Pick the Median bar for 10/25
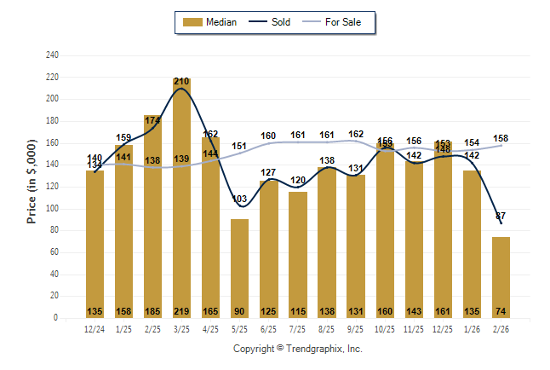coord(385,230)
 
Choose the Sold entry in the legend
coord(272,22)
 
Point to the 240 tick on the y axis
coord(52,55)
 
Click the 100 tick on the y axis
coord(52,209)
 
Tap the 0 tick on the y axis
coord(56,318)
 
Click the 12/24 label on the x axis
coord(95,328)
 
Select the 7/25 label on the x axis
coord(297,328)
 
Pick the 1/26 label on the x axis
coord(472,328)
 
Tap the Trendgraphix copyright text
coord(298,349)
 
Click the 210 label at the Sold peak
coord(181,82)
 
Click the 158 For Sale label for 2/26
coord(501,138)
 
